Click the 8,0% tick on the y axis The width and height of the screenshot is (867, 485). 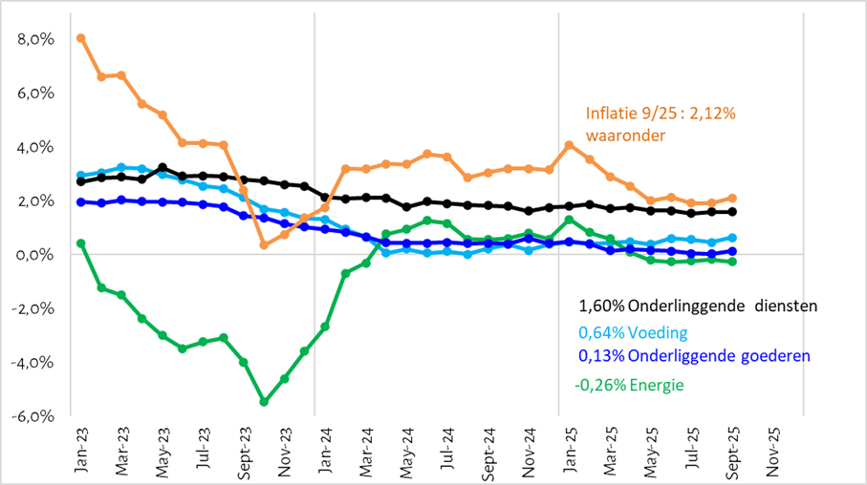pos(35,39)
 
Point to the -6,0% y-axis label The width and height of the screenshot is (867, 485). pos(33,417)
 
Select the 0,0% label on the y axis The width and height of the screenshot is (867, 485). pos(35,255)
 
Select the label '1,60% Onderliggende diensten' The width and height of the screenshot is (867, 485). pos(698,306)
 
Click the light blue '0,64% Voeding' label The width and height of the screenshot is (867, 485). pos(633,333)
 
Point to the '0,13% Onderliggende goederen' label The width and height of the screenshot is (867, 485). pos(694,355)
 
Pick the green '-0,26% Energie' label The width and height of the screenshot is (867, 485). pos(630,385)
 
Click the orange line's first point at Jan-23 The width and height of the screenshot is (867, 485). pos(81,38)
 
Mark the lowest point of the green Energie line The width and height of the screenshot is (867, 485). pos(264,402)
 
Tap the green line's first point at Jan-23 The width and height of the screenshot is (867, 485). pos(81,243)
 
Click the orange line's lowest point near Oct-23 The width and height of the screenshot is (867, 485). pos(264,244)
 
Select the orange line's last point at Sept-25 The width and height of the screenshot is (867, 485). pos(732,198)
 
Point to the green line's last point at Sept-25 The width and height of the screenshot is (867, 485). pos(732,262)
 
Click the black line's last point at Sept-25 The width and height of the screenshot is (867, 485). pos(732,212)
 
